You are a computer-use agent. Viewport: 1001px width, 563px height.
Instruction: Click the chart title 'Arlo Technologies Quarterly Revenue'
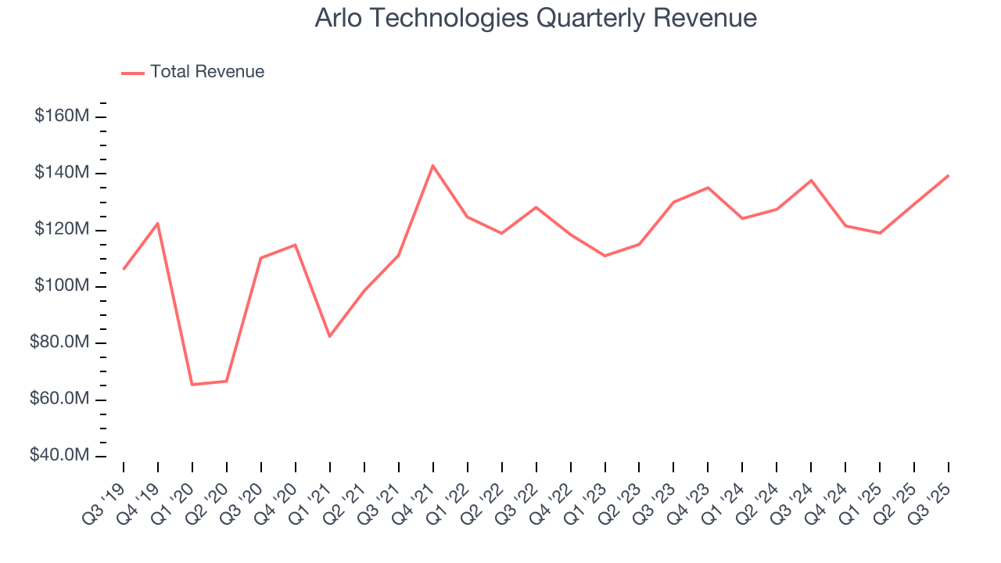536,18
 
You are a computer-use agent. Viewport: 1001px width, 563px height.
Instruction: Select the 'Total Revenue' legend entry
207,72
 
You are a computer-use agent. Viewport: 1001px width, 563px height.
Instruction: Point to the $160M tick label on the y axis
62,116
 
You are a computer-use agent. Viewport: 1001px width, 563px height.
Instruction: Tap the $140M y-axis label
62,172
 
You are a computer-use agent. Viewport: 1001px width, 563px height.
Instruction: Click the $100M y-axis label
62,285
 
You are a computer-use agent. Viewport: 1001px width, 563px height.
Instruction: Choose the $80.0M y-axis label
59,342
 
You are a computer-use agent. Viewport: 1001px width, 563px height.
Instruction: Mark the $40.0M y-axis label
59,455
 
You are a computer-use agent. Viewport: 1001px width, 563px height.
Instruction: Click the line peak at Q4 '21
432,165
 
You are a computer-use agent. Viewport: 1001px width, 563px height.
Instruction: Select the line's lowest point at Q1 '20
192,384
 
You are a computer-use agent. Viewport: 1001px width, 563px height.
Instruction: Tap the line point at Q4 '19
158,224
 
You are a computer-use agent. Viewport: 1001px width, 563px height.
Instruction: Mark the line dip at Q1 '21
329,336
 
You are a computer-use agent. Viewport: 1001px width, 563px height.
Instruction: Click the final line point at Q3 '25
949,175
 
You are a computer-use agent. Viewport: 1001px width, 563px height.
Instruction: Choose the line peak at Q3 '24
811,180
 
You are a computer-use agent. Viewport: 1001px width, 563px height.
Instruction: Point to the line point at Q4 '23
708,188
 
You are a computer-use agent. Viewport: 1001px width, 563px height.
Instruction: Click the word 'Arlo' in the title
337,18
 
